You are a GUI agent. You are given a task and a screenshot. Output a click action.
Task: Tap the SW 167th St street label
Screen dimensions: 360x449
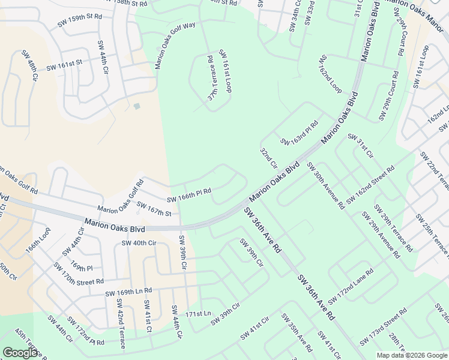point(154,209)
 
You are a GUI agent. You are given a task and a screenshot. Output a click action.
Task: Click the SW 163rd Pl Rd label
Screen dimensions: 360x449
point(298,136)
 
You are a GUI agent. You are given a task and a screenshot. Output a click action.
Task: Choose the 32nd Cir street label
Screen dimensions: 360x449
point(268,157)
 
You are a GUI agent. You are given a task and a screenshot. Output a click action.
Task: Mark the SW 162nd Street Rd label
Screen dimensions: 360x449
point(370,190)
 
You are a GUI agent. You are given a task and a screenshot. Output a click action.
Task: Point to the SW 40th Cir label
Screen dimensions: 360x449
point(139,243)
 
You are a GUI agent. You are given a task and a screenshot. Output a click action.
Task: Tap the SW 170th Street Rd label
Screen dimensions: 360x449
point(78,273)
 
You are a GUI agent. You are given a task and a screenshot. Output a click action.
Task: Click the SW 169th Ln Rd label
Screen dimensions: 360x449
point(128,292)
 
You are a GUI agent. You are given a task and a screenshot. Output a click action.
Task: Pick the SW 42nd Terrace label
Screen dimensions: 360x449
point(120,328)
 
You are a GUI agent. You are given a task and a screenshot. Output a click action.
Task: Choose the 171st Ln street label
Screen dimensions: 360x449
point(199,314)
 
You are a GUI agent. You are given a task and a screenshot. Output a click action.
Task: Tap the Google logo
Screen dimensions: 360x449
point(20,353)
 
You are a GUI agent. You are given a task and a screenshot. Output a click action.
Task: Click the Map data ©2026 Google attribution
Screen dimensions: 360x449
point(411,355)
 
